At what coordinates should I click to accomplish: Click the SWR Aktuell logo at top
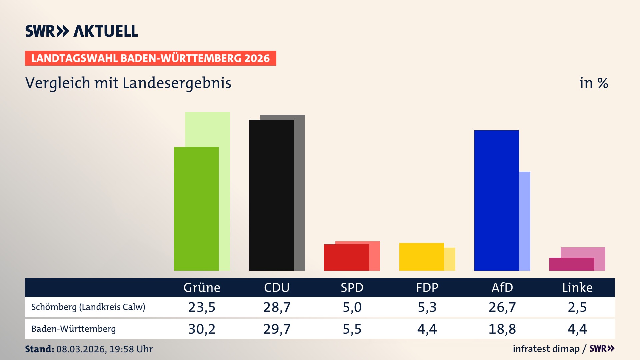pyautogui.click(x=82, y=31)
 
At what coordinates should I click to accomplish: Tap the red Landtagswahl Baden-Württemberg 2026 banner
pyautogui.click(x=150, y=58)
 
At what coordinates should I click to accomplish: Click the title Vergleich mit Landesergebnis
pyautogui.click(x=128, y=83)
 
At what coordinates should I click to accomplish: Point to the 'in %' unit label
pyautogui.click(x=593, y=83)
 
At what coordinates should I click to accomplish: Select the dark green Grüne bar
pyautogui.click(x=196, y=208)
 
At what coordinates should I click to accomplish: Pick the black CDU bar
pyautogui.click(x=271, y=195)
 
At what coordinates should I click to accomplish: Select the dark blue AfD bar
pyautogui.click(x=496, y=200)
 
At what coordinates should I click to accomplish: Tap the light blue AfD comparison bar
pyautogui.click(x=525, y=220)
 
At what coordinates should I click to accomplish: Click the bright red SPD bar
pyautogui.click(x=346, y=257)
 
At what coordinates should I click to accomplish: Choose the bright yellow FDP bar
pyautogui.click(x=421, y=257)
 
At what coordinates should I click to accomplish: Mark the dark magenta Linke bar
pyautogui.click(x=571, y=264)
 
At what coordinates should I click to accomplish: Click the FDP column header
pyautogui.click(x=427, y=287)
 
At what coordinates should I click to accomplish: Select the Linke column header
pyautogui.click(x=577, y=287)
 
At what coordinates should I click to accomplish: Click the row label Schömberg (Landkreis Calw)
pyautogui.click(x=88, y=307)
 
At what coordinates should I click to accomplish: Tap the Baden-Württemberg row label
pyautogui.click(x=73, y=329)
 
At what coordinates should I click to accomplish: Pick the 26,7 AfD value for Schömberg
pyautogui.click(x=502, y=307)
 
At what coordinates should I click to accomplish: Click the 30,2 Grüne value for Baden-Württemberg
pyautogui.click(x=202, y=329)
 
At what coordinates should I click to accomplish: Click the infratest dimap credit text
pyautogui.click(x=546, y=349)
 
